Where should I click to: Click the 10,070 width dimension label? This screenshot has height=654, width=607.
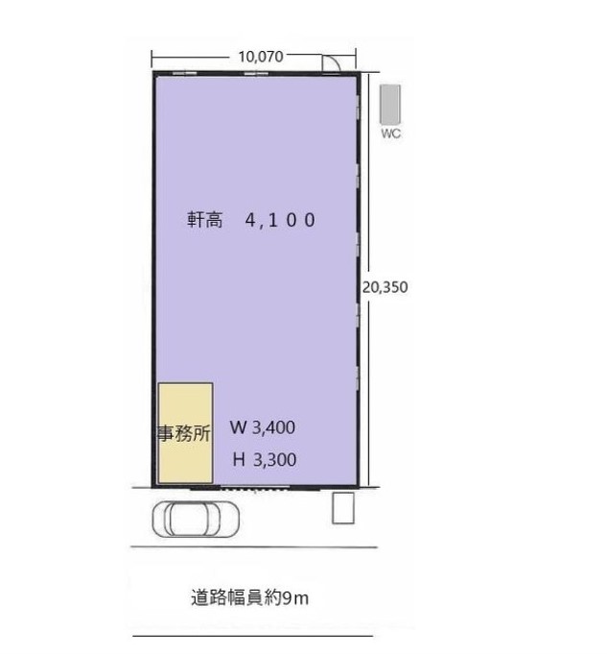point(261,57)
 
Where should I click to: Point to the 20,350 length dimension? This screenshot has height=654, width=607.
point(385,287)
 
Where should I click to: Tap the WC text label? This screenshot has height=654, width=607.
point(390,133)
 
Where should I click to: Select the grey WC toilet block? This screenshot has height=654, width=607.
point(390,105)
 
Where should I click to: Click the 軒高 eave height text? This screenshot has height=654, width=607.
point(204,219)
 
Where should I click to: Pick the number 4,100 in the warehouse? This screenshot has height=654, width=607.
point(280,220)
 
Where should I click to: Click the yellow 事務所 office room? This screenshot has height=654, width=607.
point(185,433)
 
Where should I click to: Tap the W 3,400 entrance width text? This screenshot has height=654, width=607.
point(263,427)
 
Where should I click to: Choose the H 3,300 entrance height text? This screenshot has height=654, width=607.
point(265,459)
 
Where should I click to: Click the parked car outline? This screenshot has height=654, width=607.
point(196,519)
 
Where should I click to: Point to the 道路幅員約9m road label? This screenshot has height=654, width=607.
point(250,597)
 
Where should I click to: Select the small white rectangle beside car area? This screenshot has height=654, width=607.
point(343,508)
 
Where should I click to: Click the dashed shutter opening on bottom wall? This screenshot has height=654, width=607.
point(254,488)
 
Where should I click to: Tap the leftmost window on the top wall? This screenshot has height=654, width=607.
point(184,73)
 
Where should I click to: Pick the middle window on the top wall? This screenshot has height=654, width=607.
point(256,73)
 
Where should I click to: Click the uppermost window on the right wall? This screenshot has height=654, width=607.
point(358,107)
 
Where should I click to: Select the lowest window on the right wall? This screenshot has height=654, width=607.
point(358,378)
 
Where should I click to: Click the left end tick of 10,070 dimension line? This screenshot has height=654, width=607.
point(152,59)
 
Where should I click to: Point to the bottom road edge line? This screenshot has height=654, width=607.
point(253,636)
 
